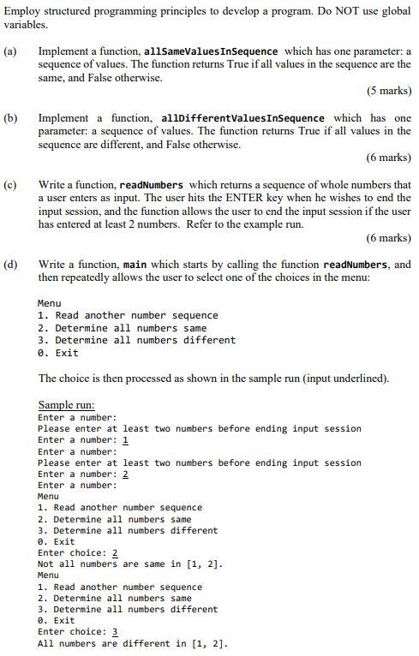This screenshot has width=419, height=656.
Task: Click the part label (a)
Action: click(10, 51)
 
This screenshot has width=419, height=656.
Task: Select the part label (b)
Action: click(10, 118)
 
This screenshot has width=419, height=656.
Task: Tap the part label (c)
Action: click(10, 185)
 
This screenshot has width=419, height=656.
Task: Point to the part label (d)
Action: click(10, 265)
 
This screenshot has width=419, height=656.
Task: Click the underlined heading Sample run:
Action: click(66, 405)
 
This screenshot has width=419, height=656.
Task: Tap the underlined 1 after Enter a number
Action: click(125, 439)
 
